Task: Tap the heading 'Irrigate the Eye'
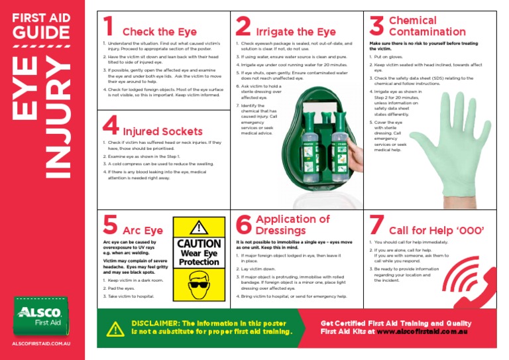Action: pyautogui.click(x=296, y=32)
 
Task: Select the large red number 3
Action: pyautogui.click(x=376, y=27)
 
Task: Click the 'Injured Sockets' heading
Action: pyautogui.click(x=162, y=131)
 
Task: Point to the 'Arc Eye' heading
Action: pyautogui.click(x=142, y=231)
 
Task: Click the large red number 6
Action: pyautogui.click(x=244, y=225)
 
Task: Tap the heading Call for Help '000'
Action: pyautogui.click(x=437, y=231)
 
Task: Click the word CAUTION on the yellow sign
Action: pyautogui.click(x=199, y=243)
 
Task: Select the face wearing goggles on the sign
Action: pyautogui.click(x=199, y=287)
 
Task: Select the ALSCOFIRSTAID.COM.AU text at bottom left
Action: pyautogui.click(x=42, y=345)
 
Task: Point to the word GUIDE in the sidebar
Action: pyautogui.click(x=41, y=33)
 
